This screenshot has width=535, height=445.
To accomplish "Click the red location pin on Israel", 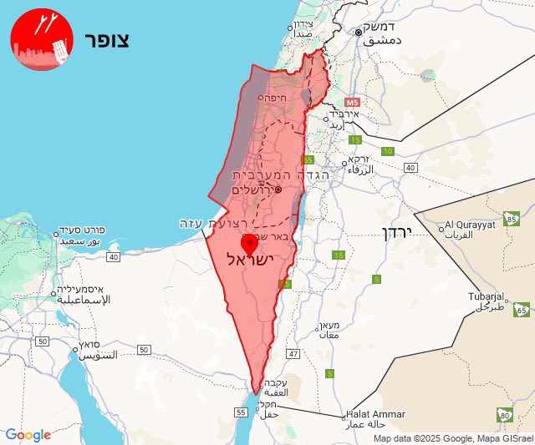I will [249, 245].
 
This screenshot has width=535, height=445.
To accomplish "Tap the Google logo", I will [28, 434].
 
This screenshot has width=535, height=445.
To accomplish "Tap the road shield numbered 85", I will [512, 220].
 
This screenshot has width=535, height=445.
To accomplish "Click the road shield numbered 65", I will [522, 310].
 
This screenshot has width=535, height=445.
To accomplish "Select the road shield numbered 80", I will [504, 414].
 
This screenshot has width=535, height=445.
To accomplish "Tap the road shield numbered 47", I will [293, 354].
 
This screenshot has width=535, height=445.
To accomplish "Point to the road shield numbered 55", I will [242, 412].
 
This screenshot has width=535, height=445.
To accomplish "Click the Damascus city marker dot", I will [358, 32].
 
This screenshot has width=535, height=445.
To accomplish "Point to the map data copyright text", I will [452, 438].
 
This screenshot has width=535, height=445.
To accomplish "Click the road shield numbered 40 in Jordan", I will [410, 168].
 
